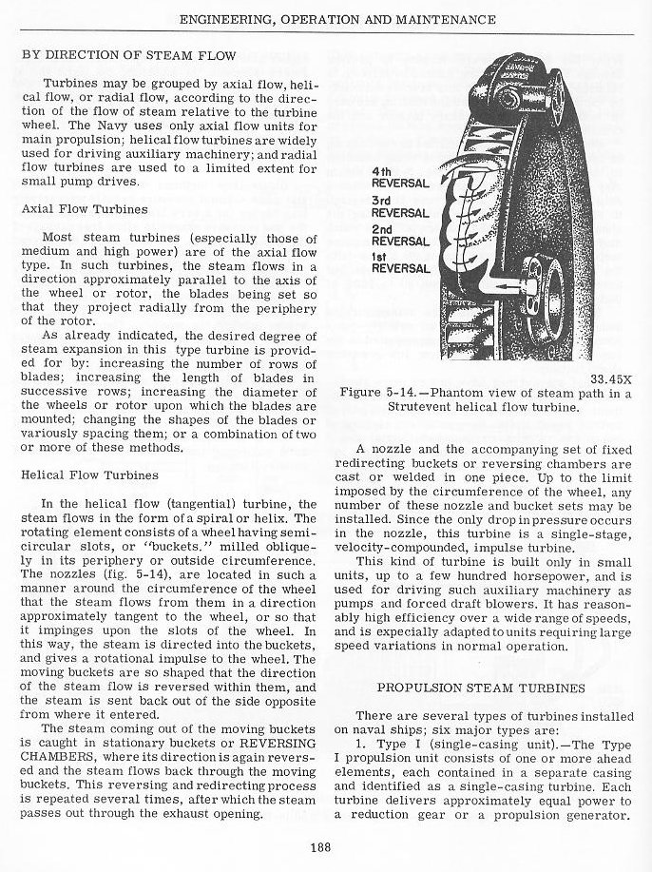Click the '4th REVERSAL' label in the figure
(400, 177)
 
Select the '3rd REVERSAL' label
(400, 206)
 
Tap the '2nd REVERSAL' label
(400, 236)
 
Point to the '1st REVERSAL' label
(400, 262)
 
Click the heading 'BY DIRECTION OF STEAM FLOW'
(129, 55)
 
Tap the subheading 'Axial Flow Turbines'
(84, 208)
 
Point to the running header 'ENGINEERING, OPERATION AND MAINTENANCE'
(337, 19)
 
